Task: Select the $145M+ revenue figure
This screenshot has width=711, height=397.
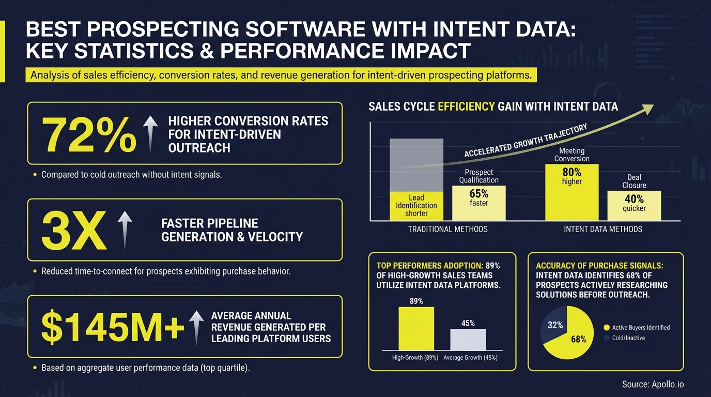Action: pyautogui.click(x=112, y=327)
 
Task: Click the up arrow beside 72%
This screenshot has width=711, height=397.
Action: pyautogui.click(x=150, y=133)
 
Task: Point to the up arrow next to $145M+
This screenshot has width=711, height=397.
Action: pyautogui.click(x=196, y=328)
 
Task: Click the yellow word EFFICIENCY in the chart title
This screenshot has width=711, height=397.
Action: pyautogui.click(x=466, y=107)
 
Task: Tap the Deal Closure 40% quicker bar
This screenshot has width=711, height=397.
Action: pyautogui.click(x=634, y=206)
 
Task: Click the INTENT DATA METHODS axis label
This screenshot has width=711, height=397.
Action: pyautogui.click(x=603, y=229)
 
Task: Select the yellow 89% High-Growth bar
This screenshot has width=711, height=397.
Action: pyautogui.click(x=416, y=329)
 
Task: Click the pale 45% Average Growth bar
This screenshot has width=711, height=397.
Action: pyautogui.click(x=468, y=340)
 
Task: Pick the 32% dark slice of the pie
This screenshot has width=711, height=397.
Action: pyautogui.click(x=553, y=325)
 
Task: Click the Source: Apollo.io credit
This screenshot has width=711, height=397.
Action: pyautogui.click(x=653, y=384)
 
